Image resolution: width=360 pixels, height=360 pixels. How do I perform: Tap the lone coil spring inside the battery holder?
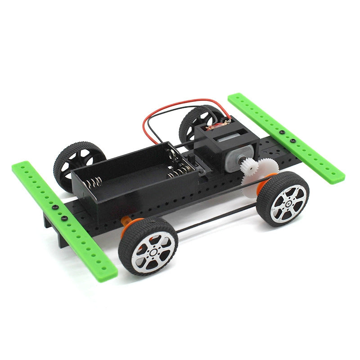click(94, 182)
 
